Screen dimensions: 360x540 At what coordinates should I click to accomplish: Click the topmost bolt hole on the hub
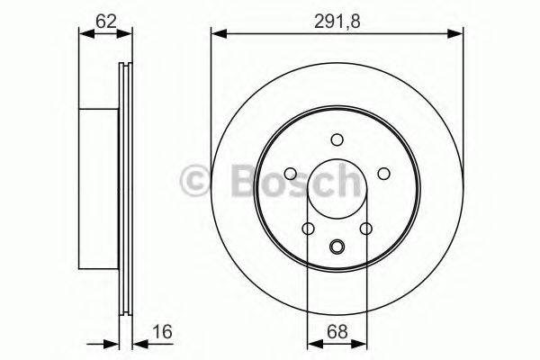[337, 139]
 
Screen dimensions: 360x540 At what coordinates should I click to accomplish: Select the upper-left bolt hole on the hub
[291, 174]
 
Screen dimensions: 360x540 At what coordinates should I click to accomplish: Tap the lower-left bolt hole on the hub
[309, 229]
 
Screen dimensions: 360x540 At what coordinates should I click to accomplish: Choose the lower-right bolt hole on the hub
[365, 229]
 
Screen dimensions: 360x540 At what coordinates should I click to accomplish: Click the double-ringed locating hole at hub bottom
[337, 247]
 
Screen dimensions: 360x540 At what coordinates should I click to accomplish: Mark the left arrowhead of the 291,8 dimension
[217, 33]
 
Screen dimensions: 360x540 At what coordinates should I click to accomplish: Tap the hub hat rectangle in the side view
[99, 190]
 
